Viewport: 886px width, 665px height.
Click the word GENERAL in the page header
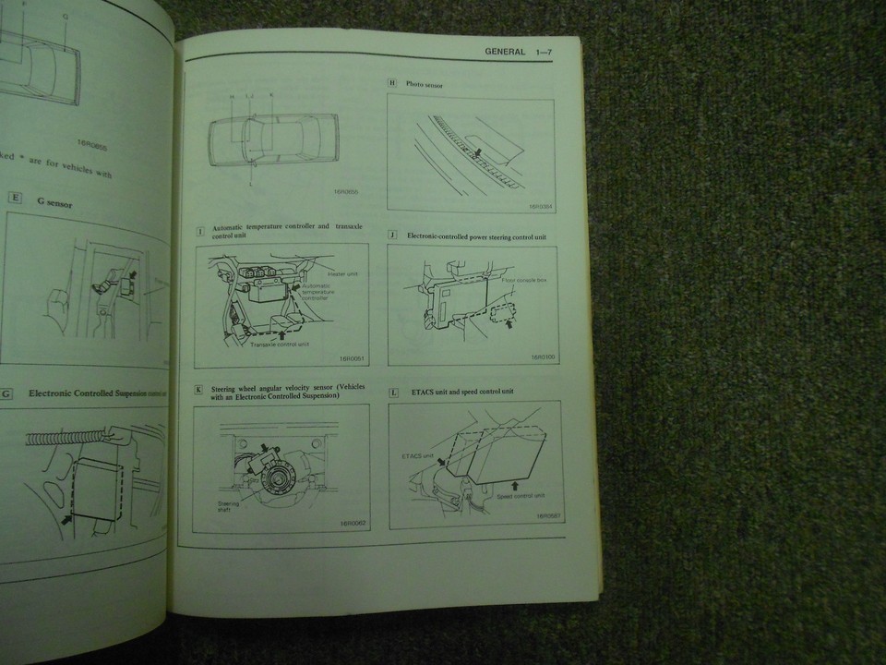[505, 52]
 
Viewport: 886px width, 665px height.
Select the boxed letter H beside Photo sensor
[391, 84]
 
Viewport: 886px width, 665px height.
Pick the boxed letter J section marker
[392, 235]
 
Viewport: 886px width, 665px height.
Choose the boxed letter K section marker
[198, 391]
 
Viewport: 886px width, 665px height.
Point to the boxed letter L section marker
[393, 392]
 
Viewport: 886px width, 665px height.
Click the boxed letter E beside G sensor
[15, 197]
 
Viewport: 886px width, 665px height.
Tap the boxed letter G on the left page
[6, 393]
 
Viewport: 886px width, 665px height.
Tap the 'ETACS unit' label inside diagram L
[416, 455]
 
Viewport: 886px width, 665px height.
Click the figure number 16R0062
[353, 524]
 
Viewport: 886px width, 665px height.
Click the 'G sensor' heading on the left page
[54, 202]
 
